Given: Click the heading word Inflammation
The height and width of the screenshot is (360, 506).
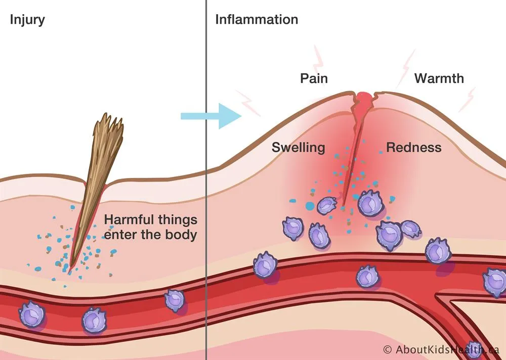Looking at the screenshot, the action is (257, 19).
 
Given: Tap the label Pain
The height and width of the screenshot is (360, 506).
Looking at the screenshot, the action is (314, 78).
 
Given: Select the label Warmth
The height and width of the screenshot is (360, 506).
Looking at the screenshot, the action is (439, 78).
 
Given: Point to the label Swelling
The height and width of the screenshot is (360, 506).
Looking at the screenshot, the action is (298, 148).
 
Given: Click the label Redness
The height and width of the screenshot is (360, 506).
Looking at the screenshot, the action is (414, 148).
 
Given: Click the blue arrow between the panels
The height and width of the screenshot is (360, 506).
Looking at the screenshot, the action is (211, 116).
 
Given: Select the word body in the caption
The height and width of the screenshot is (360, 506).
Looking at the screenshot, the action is (181, 235).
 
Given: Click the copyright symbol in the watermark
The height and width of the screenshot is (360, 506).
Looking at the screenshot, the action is (388, 349).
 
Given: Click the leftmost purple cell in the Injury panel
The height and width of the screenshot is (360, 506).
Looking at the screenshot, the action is (32, 314).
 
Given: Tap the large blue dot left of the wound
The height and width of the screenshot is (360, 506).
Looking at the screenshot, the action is (310, 206).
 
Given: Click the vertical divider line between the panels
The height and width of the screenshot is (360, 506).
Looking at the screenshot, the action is (206, 180).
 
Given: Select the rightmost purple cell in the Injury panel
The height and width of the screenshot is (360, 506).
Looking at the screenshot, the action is (175, 300).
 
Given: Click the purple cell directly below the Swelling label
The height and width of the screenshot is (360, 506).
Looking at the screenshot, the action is (293, 229).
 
